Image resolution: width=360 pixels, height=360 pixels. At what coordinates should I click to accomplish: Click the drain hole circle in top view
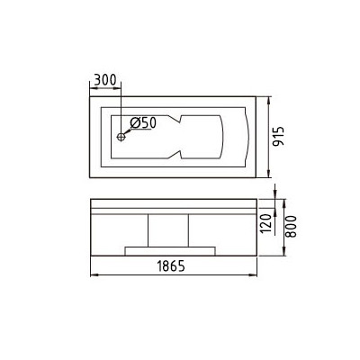(x=120, y=138)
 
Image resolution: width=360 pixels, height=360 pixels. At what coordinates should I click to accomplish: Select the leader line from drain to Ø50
(x=127, y=132)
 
